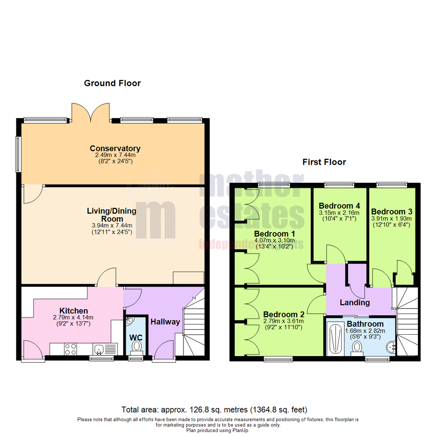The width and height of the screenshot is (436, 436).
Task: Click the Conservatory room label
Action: [x=115, y=148]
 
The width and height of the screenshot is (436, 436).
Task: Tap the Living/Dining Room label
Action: [x=111, y=215]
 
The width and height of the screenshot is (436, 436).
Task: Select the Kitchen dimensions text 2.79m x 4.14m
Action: [x=74, y=318]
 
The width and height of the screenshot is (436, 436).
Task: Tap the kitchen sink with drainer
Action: [x=104, y=348]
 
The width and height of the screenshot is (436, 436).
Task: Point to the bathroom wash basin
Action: [x=391, y=346]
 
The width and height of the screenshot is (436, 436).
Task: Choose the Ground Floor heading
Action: [x=112, y=83]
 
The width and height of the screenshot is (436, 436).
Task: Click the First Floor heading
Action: [x=324, y=162]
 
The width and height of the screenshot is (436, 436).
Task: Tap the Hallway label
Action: [x=165, y=321]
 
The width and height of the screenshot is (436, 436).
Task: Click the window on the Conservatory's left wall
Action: [x=18, y=154]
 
